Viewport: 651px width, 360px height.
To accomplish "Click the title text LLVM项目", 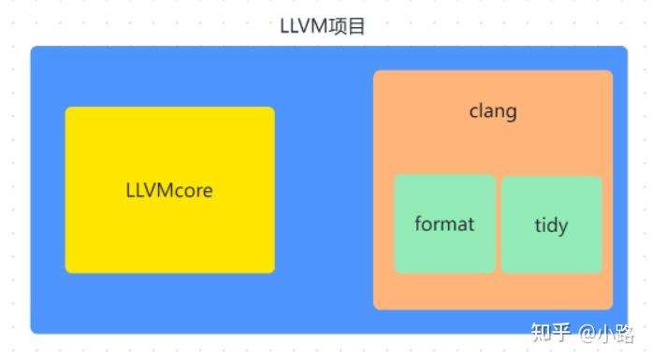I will coord(323,26).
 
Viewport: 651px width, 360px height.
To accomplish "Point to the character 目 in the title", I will coord(356,26).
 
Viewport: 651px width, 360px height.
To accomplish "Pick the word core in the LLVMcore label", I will coord(194,191).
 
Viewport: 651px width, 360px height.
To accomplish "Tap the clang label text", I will coord(493,111).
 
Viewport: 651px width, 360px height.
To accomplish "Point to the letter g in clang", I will coord(511,113).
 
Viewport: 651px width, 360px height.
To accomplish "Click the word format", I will coord(444,224).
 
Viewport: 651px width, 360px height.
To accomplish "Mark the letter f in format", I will coord(418,223).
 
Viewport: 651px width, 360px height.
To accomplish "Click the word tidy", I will coord(551,225).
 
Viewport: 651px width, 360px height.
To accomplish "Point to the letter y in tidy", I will coord(563,228).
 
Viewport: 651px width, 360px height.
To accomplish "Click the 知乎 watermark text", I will coord(550,333).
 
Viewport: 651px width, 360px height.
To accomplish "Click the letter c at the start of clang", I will coord(473,112).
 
